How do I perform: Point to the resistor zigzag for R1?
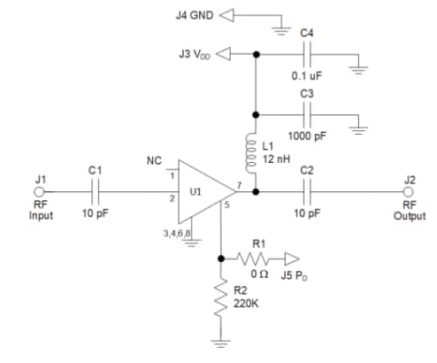[259, 259]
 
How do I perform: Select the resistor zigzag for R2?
[219, 302]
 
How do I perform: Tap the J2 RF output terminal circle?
[408, 192]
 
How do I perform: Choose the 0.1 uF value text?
[307, 75]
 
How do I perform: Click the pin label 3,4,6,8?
[179, 232]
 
